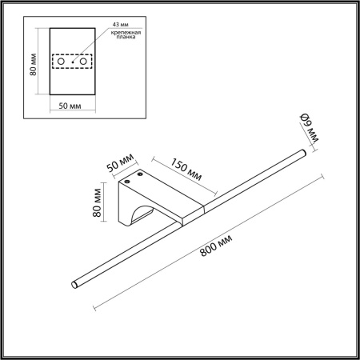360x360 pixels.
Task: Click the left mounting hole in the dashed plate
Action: pyautogui.click(x=60, y=62)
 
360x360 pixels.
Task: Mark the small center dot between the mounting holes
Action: pyautogui.click(x=73, y=62)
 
